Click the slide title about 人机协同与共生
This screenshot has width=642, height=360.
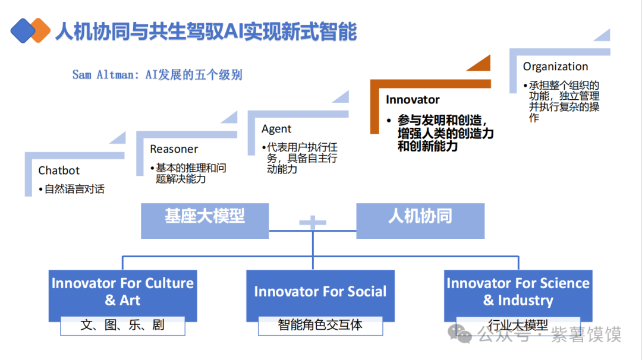click(206, 31)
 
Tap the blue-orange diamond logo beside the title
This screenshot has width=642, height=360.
click(30, 30)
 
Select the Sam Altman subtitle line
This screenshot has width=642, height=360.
click(158, 75)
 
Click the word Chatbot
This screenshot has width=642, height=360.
click(59, 170)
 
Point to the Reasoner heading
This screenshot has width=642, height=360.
click(174, 149)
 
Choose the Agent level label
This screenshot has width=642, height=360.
click(276, 129)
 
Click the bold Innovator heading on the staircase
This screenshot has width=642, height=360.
click(413, 100)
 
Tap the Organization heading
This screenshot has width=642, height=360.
click(555, 67)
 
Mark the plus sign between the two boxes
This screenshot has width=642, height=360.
click(313, 223)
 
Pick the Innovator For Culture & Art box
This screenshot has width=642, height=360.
click(122, 292)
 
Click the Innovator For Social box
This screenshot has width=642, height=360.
click(320, 292)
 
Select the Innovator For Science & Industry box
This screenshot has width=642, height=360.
click(518, 292)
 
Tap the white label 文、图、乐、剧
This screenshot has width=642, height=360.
click(122, 326)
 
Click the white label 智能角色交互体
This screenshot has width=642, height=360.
click(320, 326)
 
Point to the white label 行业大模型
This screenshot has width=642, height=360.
click(517, 326)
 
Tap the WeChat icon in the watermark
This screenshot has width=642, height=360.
click(461, 334)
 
